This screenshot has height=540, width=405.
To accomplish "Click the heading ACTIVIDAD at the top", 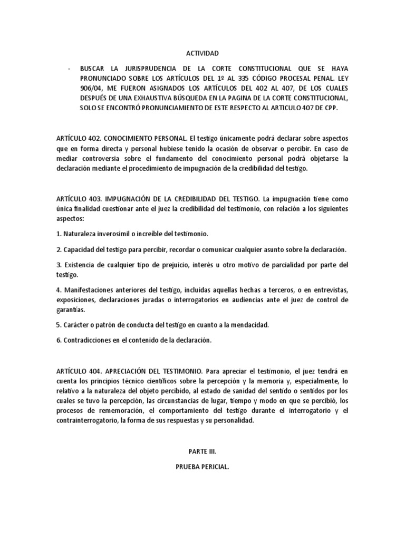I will [x=202, y=53].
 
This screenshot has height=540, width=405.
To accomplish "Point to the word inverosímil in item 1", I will [x=114, y=233].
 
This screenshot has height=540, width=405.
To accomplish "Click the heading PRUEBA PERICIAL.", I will [x=202, y=466].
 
